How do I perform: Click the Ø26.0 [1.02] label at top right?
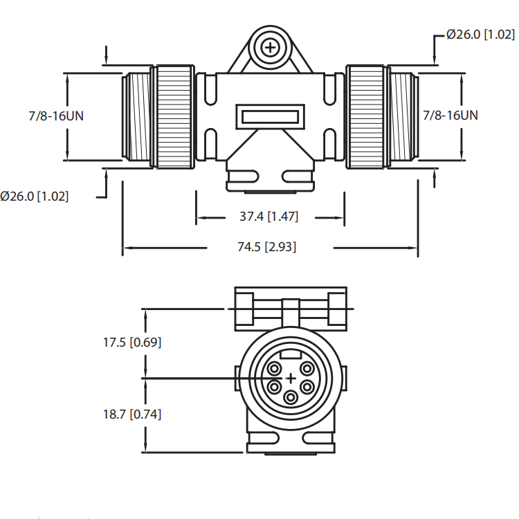pyautogui.click(x=480, y=34)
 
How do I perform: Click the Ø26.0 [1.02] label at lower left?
pyautogui.click(x=35, y=196)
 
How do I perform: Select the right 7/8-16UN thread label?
pyautogui.click(x=450, y=115)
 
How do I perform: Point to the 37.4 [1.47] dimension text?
pyautogui.click(x=268, y=217)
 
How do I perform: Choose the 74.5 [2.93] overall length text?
pyautogui.click(x=270, y=247)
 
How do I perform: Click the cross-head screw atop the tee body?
pyautogui.click(x=270, y=47)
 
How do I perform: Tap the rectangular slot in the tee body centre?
pyautogui.click(x=270, y=116)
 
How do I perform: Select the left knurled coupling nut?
pyautogui.click(x=174, y=116)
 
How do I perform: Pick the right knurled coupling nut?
pyautogui.click(x=366, y=116)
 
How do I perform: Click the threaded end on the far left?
pyautogui.click(x=138, y=116)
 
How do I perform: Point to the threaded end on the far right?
pyautogui.click(x=403, y=116)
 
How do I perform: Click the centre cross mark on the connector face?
pyautogui.click(x=291, y=378)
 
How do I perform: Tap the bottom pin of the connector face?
pyautogui.click(x=291, y=398)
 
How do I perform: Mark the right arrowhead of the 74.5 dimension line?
pyautogui.click(x=415, y=247)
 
